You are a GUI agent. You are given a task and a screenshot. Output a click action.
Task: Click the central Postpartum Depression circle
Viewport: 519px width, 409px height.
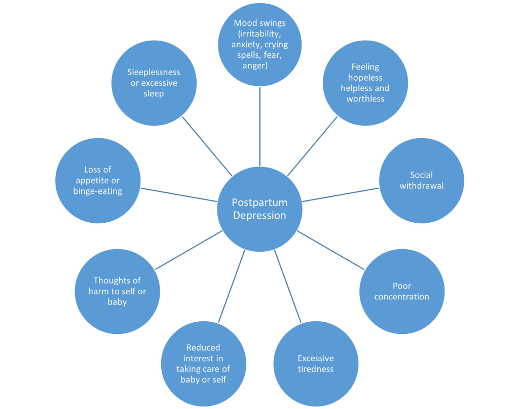pos(259,209)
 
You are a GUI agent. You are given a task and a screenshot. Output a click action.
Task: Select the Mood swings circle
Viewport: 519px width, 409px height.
pos(260,45)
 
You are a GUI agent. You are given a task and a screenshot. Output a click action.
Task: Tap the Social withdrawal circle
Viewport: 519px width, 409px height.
pos(421,181)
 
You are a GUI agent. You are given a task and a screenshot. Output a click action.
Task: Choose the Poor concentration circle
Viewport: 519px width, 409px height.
pos(402,291)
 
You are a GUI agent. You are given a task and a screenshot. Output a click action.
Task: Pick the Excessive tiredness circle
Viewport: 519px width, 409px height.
pos(316,363)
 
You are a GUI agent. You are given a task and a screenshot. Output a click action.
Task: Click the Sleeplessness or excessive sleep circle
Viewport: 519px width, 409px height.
pos(154,83)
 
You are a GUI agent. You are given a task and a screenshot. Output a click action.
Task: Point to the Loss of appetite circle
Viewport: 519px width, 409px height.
pos(98,181)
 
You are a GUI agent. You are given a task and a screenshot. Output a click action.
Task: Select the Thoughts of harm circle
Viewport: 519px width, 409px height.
pos(117,291)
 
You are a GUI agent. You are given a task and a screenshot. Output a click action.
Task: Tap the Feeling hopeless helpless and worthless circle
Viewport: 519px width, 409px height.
pos(365,83)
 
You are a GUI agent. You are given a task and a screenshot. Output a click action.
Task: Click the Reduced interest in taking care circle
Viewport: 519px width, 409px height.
pos(203,363)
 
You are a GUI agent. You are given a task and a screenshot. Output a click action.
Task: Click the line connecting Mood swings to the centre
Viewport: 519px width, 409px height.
pos(260,127)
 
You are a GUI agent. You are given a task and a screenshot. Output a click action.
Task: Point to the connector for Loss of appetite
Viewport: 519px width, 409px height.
pos(178,194)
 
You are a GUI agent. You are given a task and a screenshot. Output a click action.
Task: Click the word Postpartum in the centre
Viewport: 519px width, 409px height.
pos(259,202)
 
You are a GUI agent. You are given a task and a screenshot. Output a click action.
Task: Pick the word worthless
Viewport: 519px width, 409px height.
pos(365,99)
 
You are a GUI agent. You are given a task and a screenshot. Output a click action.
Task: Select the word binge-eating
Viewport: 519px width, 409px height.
pos(98,191)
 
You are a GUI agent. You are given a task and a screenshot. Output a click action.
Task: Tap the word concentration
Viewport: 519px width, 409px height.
pos(402,296)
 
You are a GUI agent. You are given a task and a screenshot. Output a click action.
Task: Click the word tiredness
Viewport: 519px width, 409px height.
pos(316,369)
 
